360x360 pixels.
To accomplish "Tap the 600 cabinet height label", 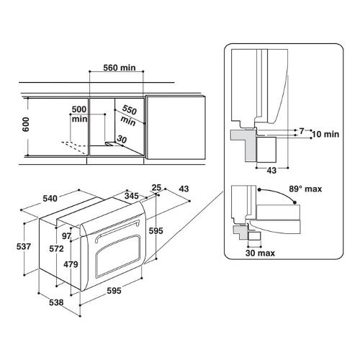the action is pyautogui.click(x=25, y=125).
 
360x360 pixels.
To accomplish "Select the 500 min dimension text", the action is pyautogui.click(x=79, y=114).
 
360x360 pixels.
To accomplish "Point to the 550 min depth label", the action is pyautogui.click(x=129, y=115).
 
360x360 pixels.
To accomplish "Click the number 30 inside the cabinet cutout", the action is pyautogui.click(x=122, y=139).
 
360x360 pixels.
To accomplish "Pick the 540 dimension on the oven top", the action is pyautogui.click(x=50, y=199).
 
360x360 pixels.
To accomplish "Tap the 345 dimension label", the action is pyautogui.click(x=132, y=196).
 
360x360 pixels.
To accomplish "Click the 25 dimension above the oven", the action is pyautogui.click(x=156, y=188).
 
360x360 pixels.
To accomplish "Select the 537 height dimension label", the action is pyautogui.click(x=24, y=246).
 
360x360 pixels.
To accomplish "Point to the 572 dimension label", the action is pyautogui.click(x=56, y=248).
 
